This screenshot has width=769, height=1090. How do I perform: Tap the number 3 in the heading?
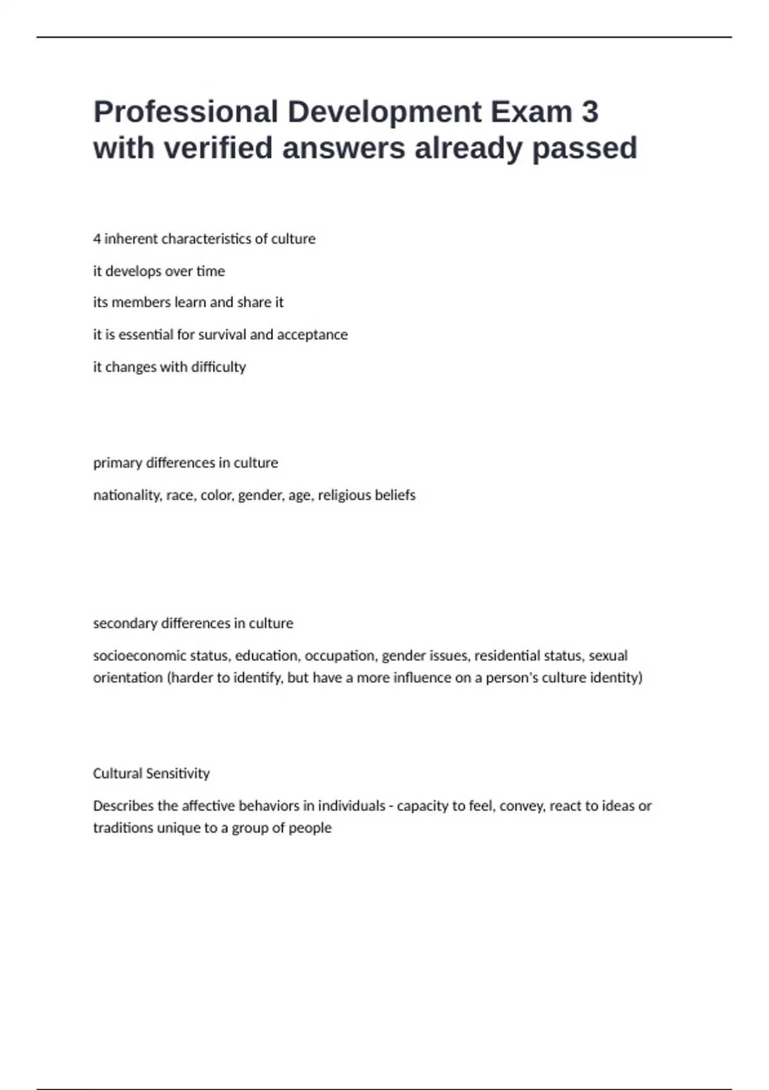click(x=590, y=112)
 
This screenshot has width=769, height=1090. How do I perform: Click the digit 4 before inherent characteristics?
click(x=97, y=239)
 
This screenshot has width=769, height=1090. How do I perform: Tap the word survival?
click(x=223, y=335)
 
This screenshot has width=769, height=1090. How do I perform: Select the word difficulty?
click(x=219, y=367)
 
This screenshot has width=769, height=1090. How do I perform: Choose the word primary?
click(x=117, y=463)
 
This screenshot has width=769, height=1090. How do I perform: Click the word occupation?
click(x=340, y=655)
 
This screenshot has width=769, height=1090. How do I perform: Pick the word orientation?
click(x=128, y=678)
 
